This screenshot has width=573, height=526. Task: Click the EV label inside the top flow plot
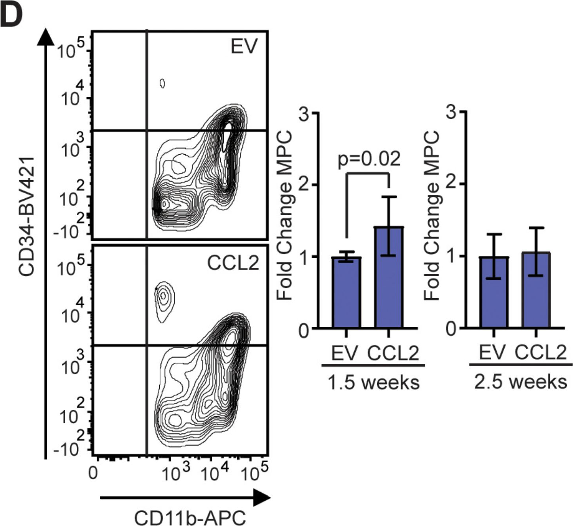tap(244, 47)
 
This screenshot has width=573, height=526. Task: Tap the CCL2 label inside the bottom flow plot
tap(233, 263)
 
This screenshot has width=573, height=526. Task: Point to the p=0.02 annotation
tap(369, 158)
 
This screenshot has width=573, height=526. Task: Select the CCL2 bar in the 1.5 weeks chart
tap(389, 277)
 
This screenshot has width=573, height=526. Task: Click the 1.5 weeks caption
tap(373, 382)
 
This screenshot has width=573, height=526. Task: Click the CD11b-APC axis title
tap(190, 517)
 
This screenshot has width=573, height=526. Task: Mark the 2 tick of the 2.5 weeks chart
tap(452, 184)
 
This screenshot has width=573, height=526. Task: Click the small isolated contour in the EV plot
tap(162, 83)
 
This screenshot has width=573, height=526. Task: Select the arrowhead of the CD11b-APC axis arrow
tap(262, 498)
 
